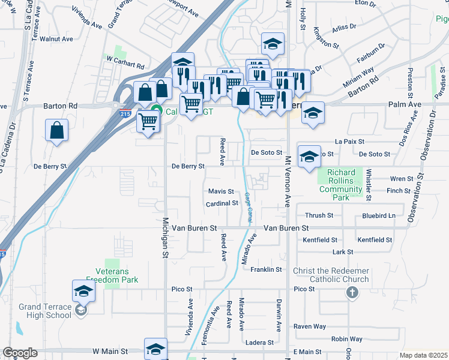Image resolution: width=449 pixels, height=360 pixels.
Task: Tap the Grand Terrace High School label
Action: pos(45,311)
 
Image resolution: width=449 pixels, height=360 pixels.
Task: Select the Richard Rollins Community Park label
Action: pos(345,185)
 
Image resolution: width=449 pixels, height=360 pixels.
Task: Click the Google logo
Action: pos(20,353)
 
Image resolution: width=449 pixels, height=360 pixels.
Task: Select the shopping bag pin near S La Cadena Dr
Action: pos(56,130)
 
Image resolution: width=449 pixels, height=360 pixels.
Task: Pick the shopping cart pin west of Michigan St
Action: pos(148,122)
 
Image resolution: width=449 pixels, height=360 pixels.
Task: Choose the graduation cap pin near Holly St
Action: pos(272,44)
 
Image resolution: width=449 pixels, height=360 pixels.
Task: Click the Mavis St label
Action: pos(220,191)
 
